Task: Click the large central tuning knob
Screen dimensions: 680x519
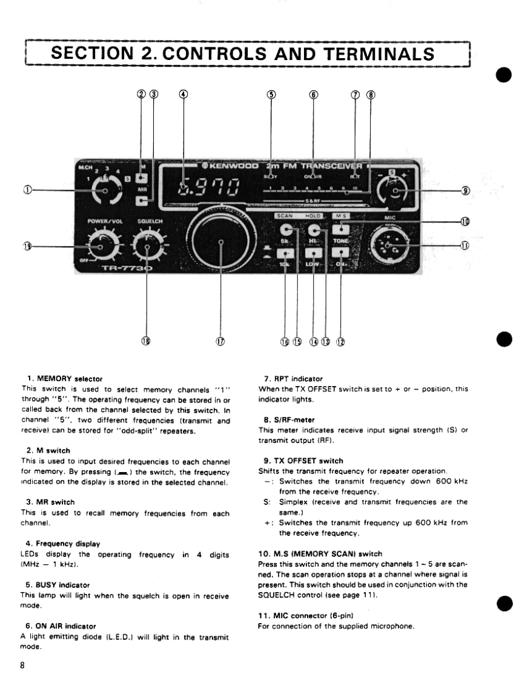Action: pos(221,241)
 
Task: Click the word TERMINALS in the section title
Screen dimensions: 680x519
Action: pos(377,53)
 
